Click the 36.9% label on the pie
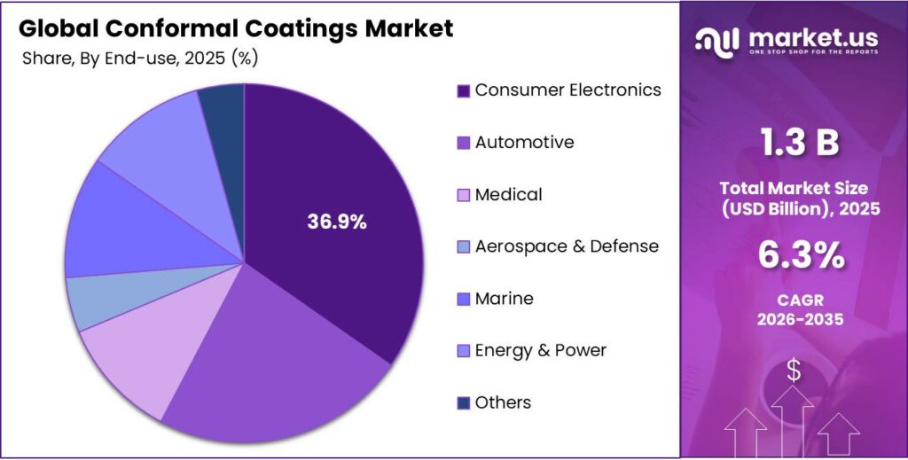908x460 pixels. click(336, 222)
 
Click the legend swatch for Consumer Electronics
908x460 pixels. click(462, 91)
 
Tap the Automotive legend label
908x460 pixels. click(524, 143)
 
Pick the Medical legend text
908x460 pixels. click(508, 195)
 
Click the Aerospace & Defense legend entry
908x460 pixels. click(567, 246)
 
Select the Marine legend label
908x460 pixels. click(504, 299)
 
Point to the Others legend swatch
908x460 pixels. click(462, 403)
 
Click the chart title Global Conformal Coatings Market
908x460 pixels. click(236, 28)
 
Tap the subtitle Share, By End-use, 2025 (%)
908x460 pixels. click(139, 58)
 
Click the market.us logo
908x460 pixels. click(787, 40)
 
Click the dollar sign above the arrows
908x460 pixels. click(793, 371)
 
